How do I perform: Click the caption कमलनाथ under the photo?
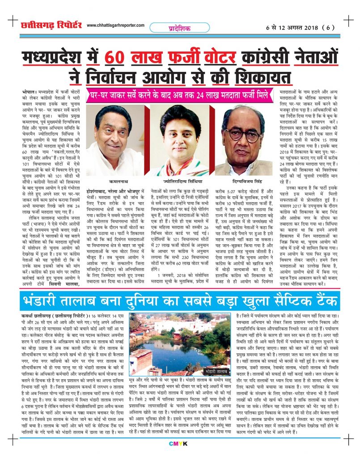pyautogui.click(x=115, y=182)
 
